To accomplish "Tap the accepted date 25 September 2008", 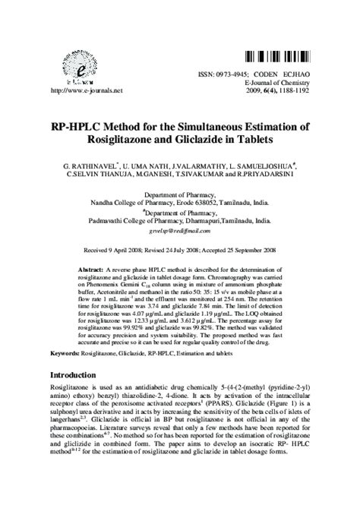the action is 254,249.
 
